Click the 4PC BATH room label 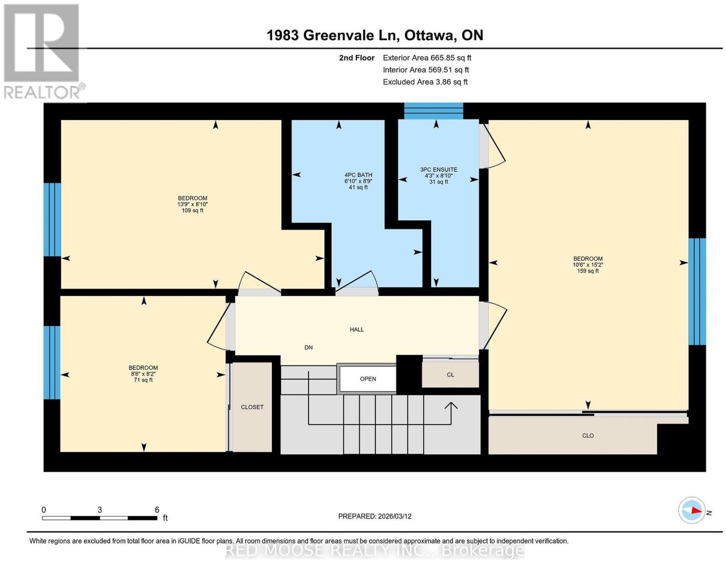point(358,175)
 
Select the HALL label point(357,330)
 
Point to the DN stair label point(309,347)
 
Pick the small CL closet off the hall point(450,375)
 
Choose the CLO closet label point(588,436)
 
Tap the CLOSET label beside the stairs point(252,407)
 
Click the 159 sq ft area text point(588,271)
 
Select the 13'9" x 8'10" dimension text point(193,205)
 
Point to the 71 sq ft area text point(143,380)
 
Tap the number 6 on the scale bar point(157,510)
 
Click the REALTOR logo point(44,51)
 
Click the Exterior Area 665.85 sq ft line point(427,58)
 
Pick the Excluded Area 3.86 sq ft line point(425,82)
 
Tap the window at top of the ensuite point(434,111)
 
